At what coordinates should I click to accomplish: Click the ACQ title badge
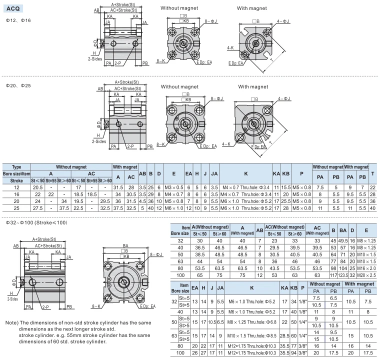(13, 9)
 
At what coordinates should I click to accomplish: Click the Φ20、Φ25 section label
(18, 85)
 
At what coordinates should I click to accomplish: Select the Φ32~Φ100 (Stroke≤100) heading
(36, 222)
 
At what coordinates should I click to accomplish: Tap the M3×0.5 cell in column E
(173, 187)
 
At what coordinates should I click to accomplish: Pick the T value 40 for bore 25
(372, 208)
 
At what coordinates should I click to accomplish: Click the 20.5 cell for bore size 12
(38, 187)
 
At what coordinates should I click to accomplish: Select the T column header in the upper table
(372, 173)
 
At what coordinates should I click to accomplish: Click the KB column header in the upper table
(286, 173)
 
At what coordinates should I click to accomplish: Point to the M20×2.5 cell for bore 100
(366, 275)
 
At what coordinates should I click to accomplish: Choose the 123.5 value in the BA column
(343, 275)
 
